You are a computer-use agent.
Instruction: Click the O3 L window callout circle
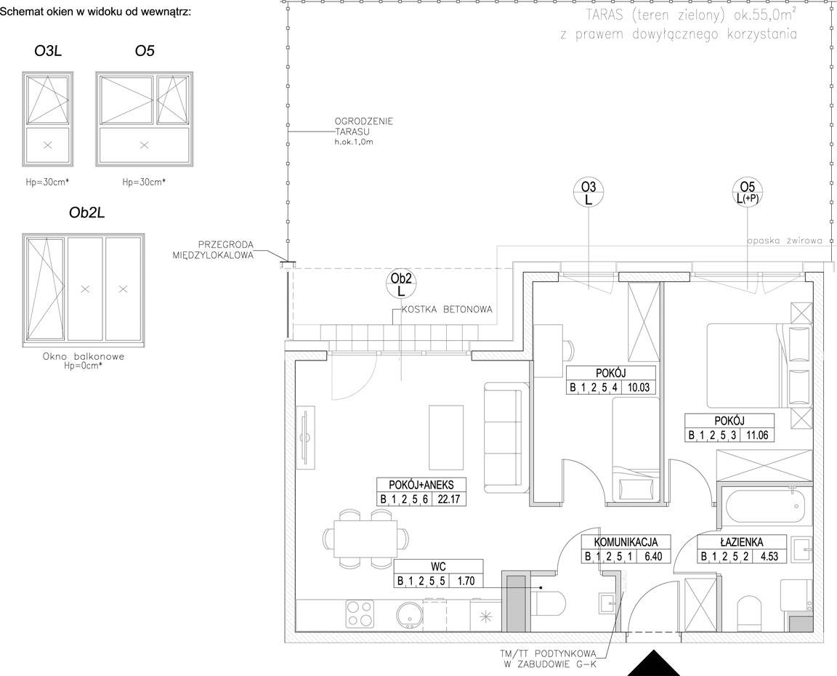[x=588, y=193]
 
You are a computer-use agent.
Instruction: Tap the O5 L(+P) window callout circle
[x=748, y=193]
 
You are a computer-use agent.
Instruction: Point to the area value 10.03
[x=639, y=387]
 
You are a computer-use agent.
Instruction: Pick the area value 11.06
[x=757, y=435]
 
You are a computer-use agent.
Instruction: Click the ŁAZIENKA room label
[x=741, y=542]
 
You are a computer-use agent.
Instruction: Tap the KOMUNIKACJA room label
[x=626, y=542]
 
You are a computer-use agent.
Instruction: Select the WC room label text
[x=438, y=566]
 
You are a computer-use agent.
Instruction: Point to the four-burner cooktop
[x=359, y=614]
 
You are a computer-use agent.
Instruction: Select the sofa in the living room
[x=503, y=437]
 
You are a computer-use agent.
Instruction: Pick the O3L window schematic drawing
[x=47, y=119]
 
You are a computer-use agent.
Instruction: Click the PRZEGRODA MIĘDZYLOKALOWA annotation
[x=213, y=250]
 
